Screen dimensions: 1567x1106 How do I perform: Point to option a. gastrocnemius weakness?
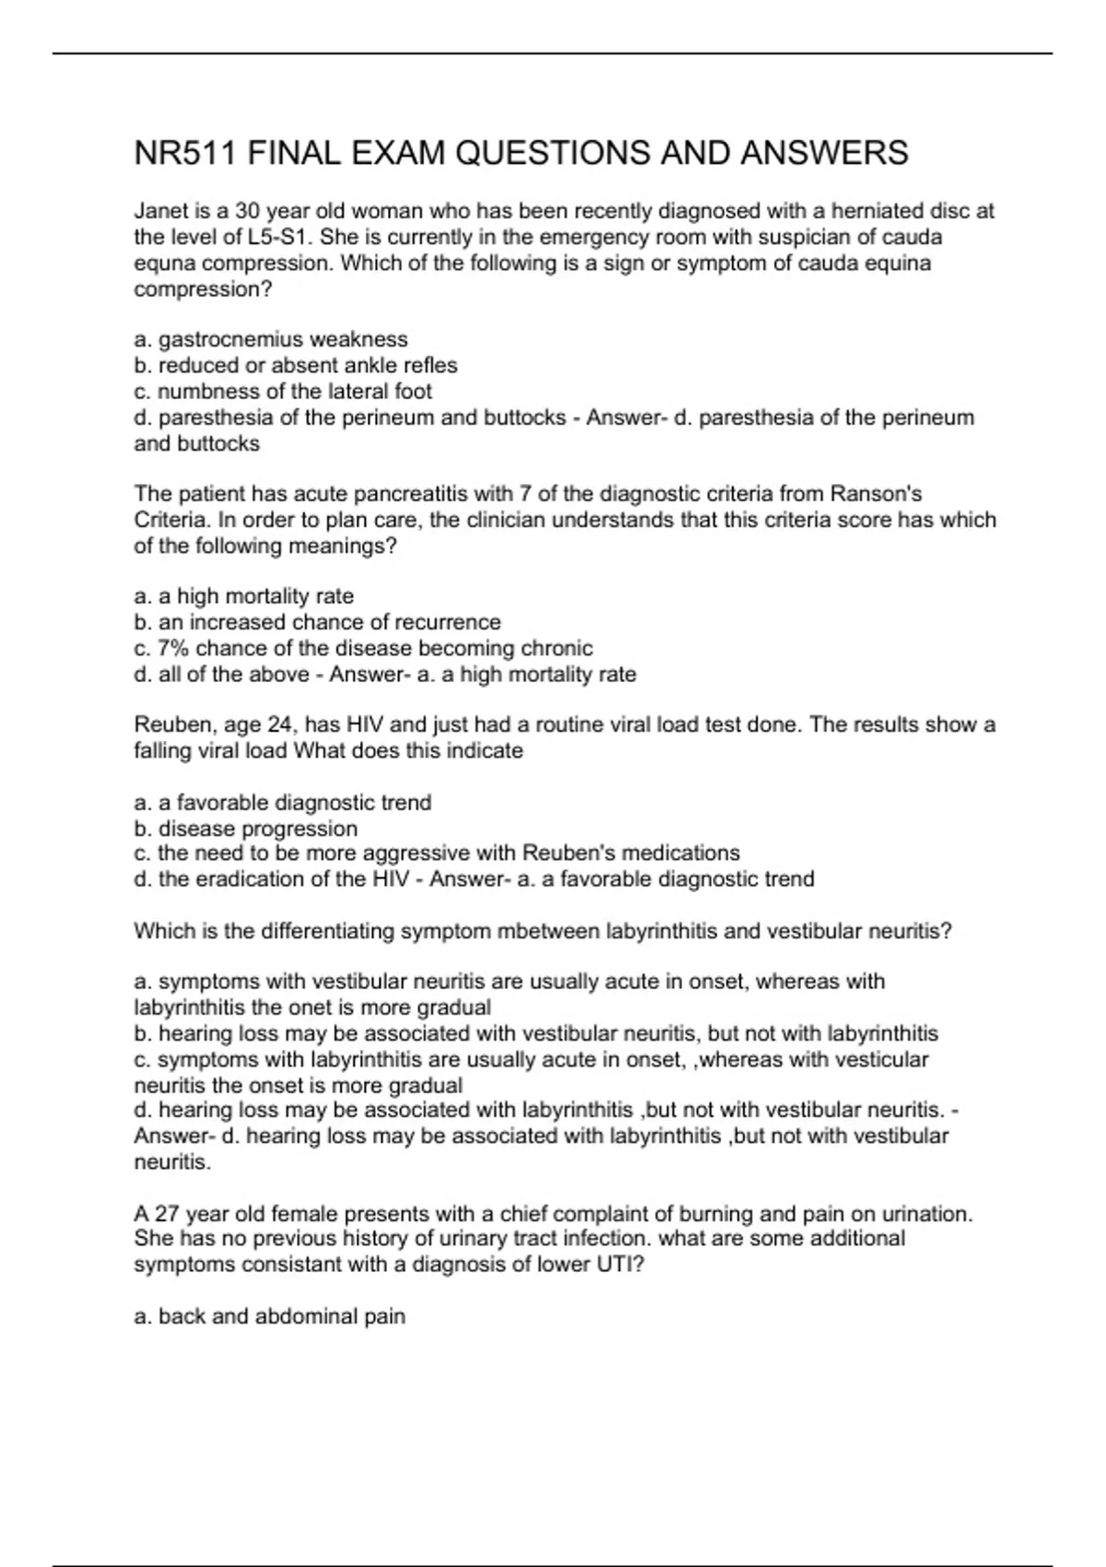270,339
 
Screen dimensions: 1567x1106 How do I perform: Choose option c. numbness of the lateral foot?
282,391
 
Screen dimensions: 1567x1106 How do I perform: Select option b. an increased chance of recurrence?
317,622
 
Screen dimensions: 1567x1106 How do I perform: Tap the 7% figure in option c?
173,648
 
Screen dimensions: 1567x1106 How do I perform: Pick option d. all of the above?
221,675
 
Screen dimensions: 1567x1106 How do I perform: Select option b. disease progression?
245,829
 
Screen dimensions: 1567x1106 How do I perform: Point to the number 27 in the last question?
167,1214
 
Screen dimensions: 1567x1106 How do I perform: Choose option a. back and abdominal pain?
269,1316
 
